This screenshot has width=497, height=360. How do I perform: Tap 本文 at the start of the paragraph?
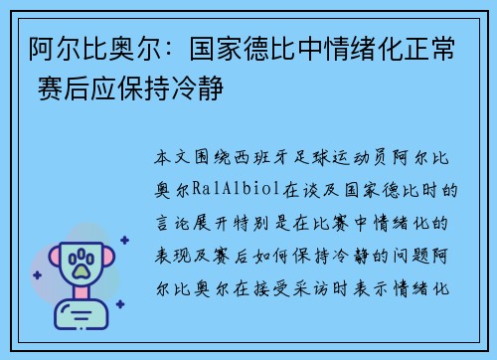(167, 157)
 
